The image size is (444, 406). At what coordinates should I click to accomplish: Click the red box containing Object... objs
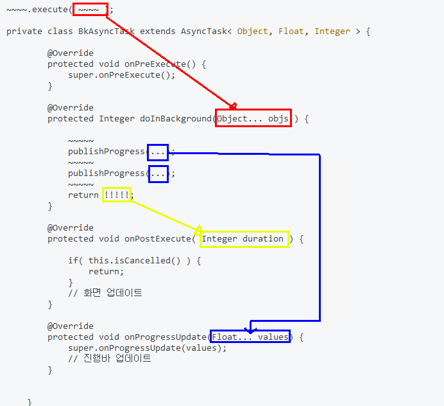click(253, 118)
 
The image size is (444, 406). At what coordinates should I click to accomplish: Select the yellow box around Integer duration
click(244, 239)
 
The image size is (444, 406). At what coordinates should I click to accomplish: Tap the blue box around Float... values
click(251, 337)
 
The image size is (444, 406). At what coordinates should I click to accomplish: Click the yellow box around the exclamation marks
click(117, 195)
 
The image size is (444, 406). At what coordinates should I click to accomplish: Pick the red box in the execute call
click(89, 10)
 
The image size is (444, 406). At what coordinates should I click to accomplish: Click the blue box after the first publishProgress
click(158, 152)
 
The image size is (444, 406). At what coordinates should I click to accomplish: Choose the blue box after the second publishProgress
click(158, 173)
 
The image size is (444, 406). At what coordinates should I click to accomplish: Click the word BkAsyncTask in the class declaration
click(107, 31)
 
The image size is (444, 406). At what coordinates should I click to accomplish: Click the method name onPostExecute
click(157, 239)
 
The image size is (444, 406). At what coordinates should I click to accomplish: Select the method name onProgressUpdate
click(165, 337)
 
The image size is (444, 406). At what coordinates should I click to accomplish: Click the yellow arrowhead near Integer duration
click(199, 229)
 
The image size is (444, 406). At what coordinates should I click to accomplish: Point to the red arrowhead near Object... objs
click(233, 106)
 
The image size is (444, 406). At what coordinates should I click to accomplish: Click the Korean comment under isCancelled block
click(105, 293)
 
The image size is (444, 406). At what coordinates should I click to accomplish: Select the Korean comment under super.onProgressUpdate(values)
click(110, 358)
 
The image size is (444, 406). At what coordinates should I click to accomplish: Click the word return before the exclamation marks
click(83, 195)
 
